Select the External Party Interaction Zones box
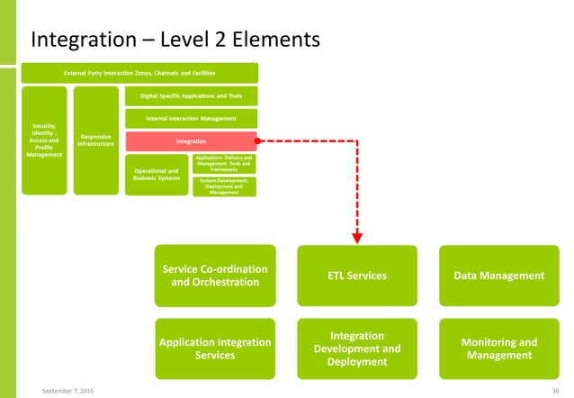[139, 72]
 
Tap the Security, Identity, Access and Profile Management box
[43, 140]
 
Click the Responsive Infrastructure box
[96, 140]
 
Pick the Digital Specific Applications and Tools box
[191, 95]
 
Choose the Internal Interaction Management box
[191, 118]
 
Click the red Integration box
[191, 141]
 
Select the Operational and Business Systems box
[156, 173]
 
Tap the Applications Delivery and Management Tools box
[224, 163]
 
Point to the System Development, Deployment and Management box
[224, 186]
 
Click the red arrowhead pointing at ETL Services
[357, 238]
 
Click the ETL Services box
[357, 275]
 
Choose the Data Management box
[498, 275]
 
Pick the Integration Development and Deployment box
[357, 348]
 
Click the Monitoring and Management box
[498, 348]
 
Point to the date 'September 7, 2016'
[69, 390]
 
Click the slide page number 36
[556, 390]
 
